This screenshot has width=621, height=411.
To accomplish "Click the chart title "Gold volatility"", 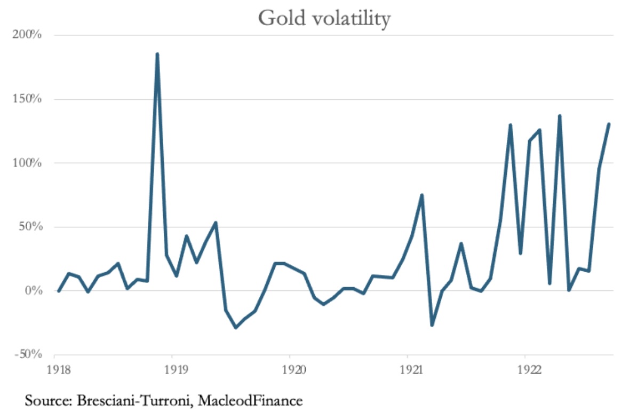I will coord(324,18).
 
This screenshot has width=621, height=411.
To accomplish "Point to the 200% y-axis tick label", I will coord(27,35).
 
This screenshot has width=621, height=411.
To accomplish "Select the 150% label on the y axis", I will coord(27,99).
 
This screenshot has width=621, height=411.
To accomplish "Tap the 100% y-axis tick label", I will coord(27,163).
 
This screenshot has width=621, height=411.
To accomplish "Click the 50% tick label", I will coord(29,227).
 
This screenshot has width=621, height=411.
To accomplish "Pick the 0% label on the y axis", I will coord(31,291).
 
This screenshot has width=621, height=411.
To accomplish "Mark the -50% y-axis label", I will coord(28,354).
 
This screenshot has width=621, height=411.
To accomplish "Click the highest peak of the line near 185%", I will coord(157,54).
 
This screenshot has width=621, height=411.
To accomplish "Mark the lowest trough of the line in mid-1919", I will coord(235,327).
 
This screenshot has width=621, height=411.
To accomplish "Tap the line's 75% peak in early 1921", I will coord(422,195).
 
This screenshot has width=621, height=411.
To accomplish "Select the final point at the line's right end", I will coord(609,124).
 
